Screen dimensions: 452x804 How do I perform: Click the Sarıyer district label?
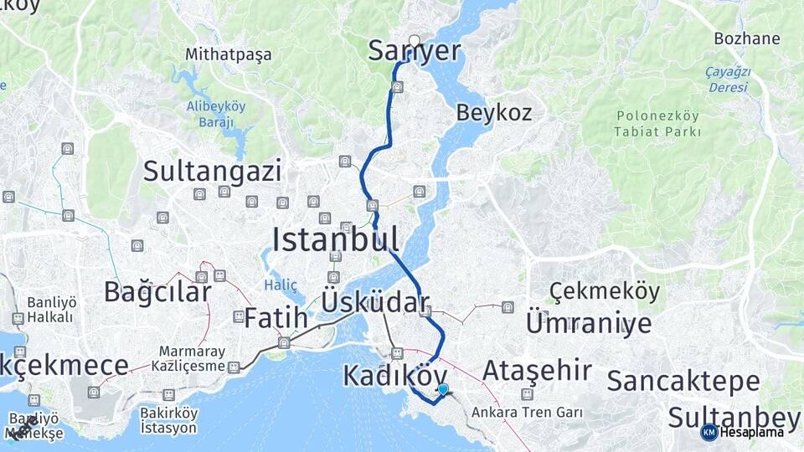tap(415, 52)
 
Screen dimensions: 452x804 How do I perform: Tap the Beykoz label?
tap(494, 113)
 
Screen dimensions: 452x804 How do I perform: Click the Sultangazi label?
tap(212, 172)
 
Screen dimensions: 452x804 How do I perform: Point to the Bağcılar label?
tap(157, 292)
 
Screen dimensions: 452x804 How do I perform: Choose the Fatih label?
tap(271, 318)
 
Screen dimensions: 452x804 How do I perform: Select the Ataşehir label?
tap(537, 370)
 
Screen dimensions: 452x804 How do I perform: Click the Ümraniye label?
tap(588, 322)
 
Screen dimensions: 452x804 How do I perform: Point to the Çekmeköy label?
tap(605, 292)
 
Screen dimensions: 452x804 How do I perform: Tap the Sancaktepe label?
tap(683, 382)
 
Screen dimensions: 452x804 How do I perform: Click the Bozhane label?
tap(747, 39)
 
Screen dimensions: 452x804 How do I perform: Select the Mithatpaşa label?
tap(229, 55)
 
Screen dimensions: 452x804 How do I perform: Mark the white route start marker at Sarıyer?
tap(415, 39)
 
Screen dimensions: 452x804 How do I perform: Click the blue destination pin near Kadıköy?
tap(443, 388)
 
